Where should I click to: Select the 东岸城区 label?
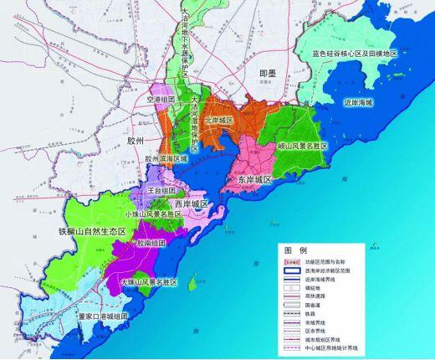248,179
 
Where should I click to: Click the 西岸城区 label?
191,203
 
